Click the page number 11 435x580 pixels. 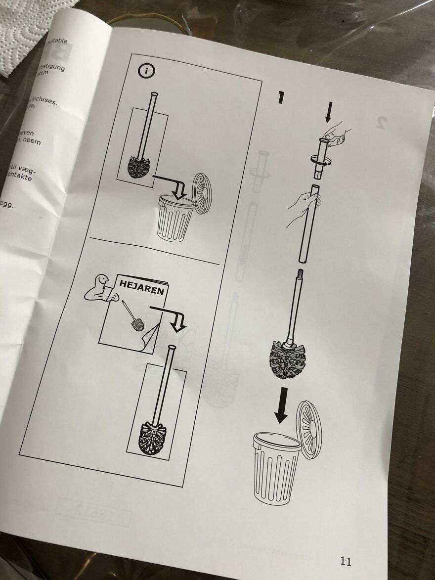[346, 561]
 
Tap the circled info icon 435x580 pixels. [146, 71]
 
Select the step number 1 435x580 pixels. [280, 97]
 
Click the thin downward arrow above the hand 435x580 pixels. [329, 113]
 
